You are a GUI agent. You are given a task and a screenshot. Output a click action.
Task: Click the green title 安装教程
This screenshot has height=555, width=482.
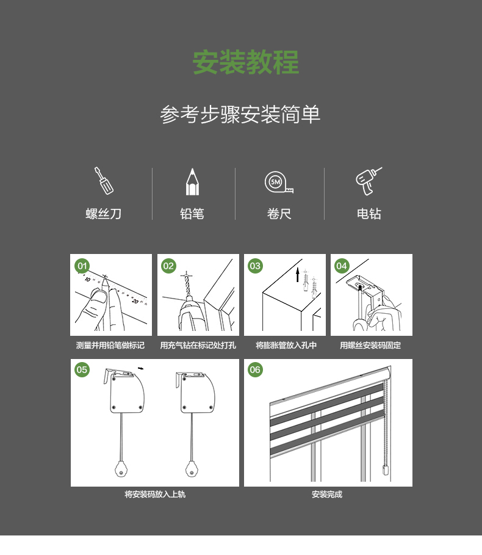(x=246, y=62)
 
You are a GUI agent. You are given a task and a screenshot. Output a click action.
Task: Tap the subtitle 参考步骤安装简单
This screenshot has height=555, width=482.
(x=240, y=114)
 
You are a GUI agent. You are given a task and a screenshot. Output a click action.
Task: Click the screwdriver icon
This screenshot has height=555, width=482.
(x=104, y=181)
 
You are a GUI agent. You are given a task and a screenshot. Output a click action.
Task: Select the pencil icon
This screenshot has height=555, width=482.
(x=192, y=182)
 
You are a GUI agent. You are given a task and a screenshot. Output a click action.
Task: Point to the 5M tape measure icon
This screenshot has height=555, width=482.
(x=279, y=183)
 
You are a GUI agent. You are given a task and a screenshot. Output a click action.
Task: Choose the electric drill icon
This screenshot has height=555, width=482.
(x=369, y=181)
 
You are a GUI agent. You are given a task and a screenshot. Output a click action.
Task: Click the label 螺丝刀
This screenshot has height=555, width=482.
(x=104, y=214)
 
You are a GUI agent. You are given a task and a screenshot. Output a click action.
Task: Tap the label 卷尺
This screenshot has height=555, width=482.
(x=279, y=214)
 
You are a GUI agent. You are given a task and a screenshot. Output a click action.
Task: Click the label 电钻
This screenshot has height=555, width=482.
(x=369, y=214)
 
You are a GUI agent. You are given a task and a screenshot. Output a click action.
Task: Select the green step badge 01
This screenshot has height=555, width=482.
(x=82, y=266)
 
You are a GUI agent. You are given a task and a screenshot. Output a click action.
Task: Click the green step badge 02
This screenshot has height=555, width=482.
(x=168, y=266)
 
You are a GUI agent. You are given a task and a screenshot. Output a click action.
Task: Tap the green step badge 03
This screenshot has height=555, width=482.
(x=255, y=266)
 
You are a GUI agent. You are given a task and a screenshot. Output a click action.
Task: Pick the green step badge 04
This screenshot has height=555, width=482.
(x=342, y=266)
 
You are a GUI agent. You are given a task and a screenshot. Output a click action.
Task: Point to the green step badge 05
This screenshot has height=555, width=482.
(x=82, y=370)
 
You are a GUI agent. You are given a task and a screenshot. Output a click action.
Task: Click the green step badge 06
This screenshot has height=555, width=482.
(x=255, y=370)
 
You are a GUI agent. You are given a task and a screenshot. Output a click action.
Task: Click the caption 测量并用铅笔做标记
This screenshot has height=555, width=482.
(x=110, y=346)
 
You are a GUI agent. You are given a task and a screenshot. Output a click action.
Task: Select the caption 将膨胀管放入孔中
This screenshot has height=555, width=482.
(x=286, y=346)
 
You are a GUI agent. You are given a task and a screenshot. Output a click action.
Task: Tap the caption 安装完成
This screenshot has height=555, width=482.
(x=327, y=495)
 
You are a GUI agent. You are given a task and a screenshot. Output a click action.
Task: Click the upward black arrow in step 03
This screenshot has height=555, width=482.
(x=298, y=275)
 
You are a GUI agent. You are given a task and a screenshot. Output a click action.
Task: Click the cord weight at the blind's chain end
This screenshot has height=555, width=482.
(x=386, y=470)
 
